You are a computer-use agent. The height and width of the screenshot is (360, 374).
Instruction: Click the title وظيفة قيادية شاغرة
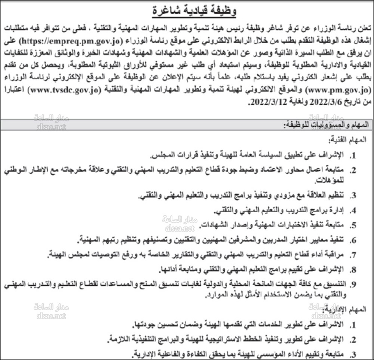[194, 11]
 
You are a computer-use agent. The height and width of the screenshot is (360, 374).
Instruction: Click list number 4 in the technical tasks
[353, 210]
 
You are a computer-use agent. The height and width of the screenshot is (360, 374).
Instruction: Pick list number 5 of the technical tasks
[353, 225]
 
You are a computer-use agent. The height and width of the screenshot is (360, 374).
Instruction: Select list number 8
[353, 269]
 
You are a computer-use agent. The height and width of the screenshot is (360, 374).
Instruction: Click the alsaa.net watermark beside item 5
[178, 228]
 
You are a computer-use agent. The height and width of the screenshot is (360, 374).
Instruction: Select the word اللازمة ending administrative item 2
[120, 339]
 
